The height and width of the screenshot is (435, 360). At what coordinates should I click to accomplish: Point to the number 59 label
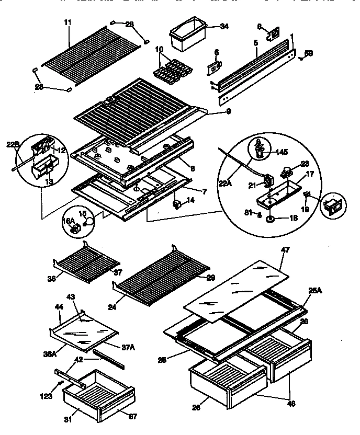click(x=310, y=53)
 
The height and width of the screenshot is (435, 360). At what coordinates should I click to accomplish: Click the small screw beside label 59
click(x=302, y=59)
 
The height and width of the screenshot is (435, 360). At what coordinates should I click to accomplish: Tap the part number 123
click(x=46, y=397)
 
